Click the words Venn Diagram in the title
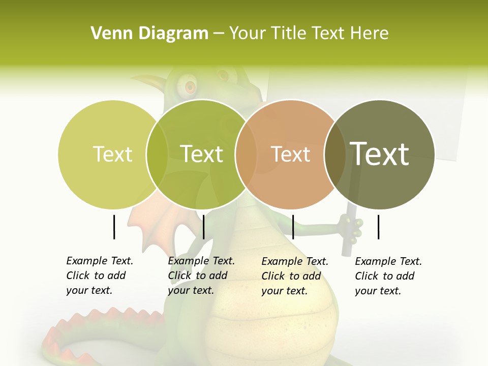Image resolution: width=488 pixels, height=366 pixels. coord(149,34)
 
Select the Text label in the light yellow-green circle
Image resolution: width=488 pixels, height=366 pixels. coord(112,154)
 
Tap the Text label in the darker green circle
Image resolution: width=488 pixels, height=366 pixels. coord(201,154)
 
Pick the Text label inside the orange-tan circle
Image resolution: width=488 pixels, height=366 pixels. coord(290,154)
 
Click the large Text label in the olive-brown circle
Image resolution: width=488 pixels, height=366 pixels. coord(380,154)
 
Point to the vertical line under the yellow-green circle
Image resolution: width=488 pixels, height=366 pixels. coord(114,227)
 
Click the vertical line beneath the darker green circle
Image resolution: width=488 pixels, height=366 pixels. coord(203,227)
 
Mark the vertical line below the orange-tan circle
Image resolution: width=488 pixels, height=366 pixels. coord(293,227)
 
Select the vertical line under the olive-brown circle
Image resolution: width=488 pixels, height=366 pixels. coord(378,227)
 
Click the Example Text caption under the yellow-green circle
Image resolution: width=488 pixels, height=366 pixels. coord(100,276)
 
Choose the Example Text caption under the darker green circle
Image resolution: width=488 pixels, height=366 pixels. coord(201,276)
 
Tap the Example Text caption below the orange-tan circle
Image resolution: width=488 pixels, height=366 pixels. coord(295,276)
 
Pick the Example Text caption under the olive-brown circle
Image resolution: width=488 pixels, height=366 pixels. coord(388,276)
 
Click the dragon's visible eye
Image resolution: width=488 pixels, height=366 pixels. coord(190,87)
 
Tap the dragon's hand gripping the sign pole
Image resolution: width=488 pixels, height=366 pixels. coord(352,227)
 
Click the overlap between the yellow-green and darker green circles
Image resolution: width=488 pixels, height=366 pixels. coord(157,154)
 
